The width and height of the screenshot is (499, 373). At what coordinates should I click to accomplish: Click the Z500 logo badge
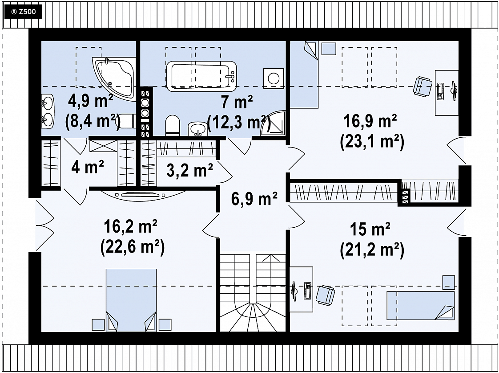point(23,12)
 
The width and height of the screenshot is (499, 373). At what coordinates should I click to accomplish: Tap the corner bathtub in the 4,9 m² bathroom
point(113,77)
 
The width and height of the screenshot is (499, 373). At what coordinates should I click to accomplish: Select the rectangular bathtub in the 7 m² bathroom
point(201,76)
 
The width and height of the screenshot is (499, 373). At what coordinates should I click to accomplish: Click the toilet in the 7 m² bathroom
point(173,125)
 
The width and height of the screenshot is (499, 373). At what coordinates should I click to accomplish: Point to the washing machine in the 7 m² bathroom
point(274,78)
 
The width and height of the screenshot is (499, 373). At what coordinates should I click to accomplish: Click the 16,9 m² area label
point(370,121)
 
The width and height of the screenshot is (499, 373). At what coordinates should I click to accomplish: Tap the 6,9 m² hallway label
point(254,199)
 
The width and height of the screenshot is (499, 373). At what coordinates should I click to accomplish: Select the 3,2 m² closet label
point(189,170)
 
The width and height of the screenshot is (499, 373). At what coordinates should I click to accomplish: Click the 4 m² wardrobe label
point(88,167)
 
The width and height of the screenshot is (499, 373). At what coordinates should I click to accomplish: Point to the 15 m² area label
point(370,229)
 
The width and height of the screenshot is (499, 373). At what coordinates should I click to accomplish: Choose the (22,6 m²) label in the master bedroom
point(133,247)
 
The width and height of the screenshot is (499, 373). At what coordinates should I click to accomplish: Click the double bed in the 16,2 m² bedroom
point(131,300)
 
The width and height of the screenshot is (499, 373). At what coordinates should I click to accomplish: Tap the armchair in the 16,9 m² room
point(423,86)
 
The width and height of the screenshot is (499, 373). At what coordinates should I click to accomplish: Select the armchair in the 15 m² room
point(326,295)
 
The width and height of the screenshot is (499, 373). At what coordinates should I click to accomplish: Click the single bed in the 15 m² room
point(421,305)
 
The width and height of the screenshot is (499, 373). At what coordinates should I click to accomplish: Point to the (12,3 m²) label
point(239,122)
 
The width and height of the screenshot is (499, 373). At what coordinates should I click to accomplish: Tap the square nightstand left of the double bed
point(98,325)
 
